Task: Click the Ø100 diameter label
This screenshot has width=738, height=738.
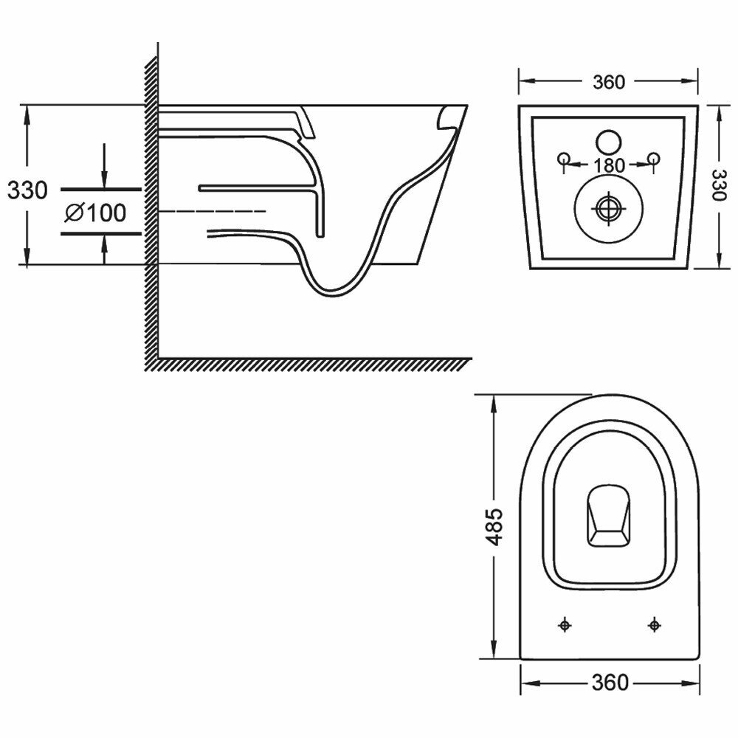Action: [x=95, y=213]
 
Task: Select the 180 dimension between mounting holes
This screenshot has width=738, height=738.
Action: [x=609, y=165]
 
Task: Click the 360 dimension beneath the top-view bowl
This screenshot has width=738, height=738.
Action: [x=610, y=683]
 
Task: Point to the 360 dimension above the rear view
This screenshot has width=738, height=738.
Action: [x=609, y=82]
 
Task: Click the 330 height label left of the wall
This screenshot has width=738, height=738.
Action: [x=27, y=190]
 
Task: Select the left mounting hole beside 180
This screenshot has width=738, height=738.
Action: [x=564, y=159]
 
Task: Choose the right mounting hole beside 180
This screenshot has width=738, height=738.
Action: [x=653, y=159]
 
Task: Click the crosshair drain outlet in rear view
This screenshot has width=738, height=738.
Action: [x=609, y=207]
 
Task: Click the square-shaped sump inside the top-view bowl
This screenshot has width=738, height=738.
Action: [x=610, y=516]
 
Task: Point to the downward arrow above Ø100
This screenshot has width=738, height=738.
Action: [x=104, y=166]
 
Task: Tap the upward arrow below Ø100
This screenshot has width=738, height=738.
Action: [x=104, y=251]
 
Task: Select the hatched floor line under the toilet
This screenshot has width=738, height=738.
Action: [x=310, y=362]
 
